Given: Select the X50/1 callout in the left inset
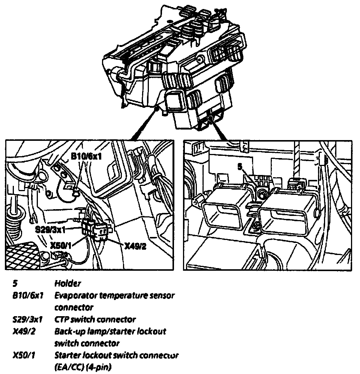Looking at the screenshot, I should click(61, 245).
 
